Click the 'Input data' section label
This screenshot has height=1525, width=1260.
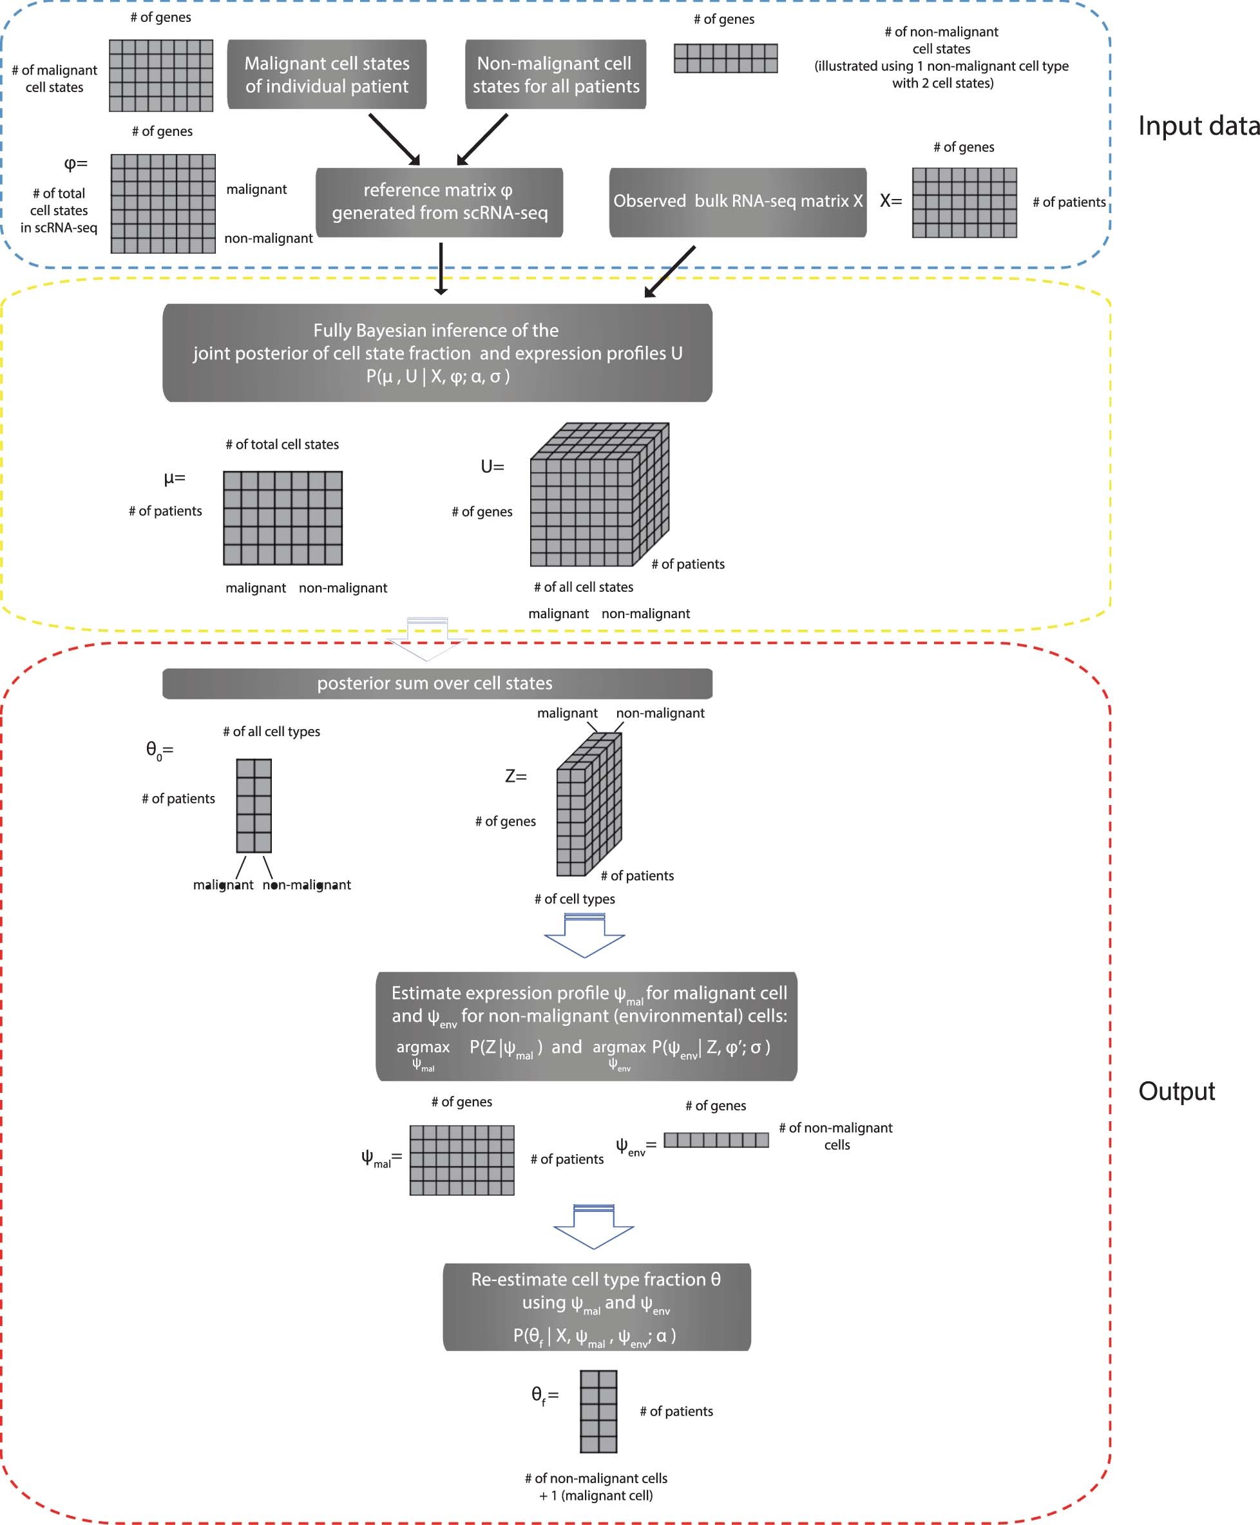[1198, 126]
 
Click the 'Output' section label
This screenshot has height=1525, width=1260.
[1176, 1091]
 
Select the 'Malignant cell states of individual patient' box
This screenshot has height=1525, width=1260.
[327, 75]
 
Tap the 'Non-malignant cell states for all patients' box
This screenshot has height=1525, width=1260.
[555, 75]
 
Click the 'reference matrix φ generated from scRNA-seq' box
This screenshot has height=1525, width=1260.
[439, 202]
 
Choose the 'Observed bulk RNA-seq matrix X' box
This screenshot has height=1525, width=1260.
[738, 202]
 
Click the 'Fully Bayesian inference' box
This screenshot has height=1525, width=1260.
[437, 353]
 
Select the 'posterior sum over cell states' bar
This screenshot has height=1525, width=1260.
[437, 683]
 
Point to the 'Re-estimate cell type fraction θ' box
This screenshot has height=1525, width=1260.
[597, 1306]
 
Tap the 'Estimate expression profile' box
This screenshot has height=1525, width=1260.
[586, 1026]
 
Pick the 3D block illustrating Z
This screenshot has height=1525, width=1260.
[588, 805]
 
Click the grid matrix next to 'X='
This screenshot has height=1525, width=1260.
[964, 203]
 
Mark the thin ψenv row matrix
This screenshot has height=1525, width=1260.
[716, 1140]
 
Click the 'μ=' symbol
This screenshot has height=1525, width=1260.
[174, 478]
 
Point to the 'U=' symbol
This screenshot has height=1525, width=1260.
[492, 466]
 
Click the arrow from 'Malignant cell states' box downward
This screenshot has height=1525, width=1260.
[394, 139]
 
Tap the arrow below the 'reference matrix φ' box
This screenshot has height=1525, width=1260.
[441, 269]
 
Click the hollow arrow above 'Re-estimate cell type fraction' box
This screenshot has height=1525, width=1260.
[594, 1227]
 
